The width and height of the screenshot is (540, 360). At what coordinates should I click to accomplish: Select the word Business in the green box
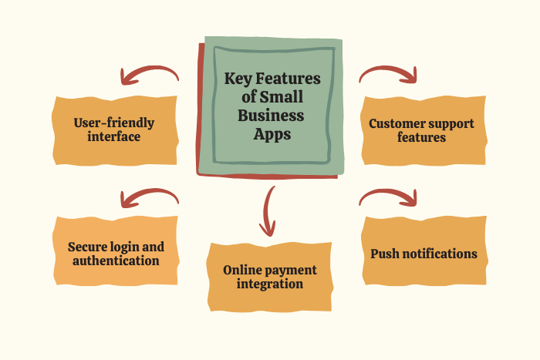pos(272,116)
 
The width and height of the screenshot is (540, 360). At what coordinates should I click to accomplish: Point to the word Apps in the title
pos(272,134)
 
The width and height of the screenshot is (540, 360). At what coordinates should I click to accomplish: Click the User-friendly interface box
pos(114,130)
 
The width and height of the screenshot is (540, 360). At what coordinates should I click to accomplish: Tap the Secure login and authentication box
pos(116,254)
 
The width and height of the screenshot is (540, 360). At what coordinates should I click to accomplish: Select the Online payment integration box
pos(269,277)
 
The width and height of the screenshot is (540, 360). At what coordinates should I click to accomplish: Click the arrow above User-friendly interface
pos(148,74)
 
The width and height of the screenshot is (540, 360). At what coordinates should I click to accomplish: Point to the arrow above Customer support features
pos(389,74)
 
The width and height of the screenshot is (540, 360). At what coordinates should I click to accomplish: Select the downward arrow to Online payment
pos(268,210)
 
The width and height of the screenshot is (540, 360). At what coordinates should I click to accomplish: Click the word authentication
pos(116,261)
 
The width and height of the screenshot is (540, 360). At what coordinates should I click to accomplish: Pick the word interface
pos(114,137)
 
